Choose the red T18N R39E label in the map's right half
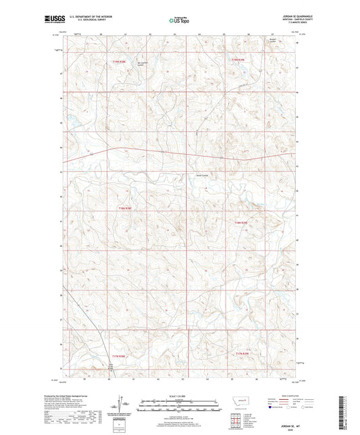tap(242, 222)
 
